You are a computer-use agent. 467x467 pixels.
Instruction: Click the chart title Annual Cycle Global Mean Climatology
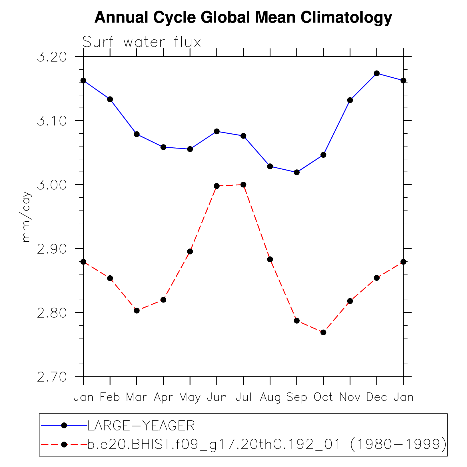coord(243,18)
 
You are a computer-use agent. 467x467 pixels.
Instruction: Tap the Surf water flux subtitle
coord(142,42)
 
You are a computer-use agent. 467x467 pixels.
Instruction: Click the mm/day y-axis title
coord(26,217)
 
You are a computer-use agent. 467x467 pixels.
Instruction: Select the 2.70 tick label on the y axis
coord(52,377)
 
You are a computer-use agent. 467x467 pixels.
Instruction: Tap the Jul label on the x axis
coord(243,397)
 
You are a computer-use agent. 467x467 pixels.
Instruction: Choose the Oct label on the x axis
coord(323,397)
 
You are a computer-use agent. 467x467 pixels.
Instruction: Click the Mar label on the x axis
coord(137,397)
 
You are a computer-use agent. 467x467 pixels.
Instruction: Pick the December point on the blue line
coord(377,73)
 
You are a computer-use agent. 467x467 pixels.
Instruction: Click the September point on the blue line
coord(297,172)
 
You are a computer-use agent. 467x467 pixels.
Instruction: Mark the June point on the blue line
coord(217,131)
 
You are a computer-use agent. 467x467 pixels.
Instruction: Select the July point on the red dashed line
coord(243,185)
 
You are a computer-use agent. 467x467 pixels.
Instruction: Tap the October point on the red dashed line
coord(323,332)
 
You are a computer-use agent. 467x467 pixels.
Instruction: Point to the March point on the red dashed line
coord(137,311)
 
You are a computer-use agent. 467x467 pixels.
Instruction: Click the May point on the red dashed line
coord(190,252)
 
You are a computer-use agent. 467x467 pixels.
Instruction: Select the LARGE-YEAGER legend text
coord(141,426)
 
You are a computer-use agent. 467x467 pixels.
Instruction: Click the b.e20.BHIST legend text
coord(266,444)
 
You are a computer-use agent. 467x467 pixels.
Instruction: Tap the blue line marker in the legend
coord(64,426)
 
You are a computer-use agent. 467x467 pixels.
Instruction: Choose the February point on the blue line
coord(110,99)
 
